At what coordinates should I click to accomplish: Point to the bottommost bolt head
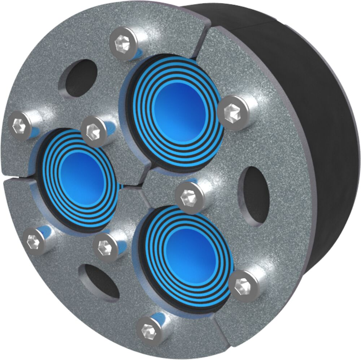coord(148,329)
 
